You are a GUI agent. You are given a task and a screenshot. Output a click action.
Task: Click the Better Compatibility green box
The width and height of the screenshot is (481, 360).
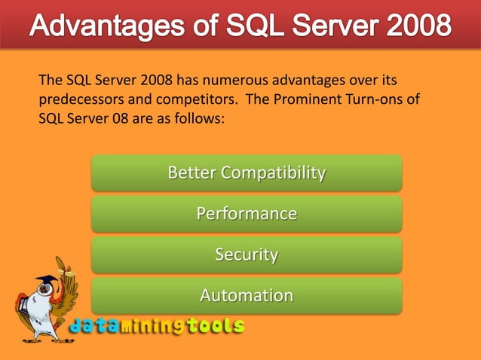[247, 173]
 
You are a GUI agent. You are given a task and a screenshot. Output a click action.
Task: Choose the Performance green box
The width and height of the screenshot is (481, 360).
[247, 214]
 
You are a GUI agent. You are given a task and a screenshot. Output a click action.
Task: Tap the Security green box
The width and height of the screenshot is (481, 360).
[247, 255]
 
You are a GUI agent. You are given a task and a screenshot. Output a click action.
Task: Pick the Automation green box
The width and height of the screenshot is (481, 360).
[247, 295]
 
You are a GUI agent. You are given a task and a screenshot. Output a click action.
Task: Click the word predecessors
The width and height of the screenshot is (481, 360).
[78, 99]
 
